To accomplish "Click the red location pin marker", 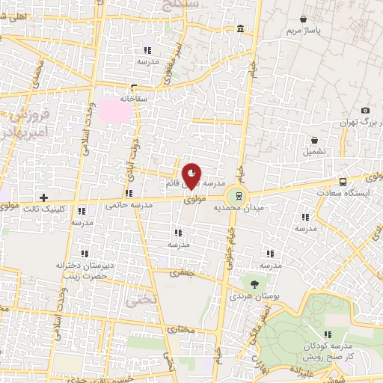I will click(x=192, y=176).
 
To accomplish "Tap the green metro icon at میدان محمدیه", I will click(x=238, y=196).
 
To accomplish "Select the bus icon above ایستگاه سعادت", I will click(x=343, y=181).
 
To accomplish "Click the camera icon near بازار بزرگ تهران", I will click(x=365, y=110).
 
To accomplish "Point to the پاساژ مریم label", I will click(x=304, y=31).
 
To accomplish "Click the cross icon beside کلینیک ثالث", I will click(x=43, y=197).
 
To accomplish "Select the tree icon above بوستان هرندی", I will click(x=254, y=284).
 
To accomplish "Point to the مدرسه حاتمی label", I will click(x=120, y=204).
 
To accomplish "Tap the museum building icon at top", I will click(x=239, y=29).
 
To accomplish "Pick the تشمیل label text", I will click(x=315, y=152).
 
